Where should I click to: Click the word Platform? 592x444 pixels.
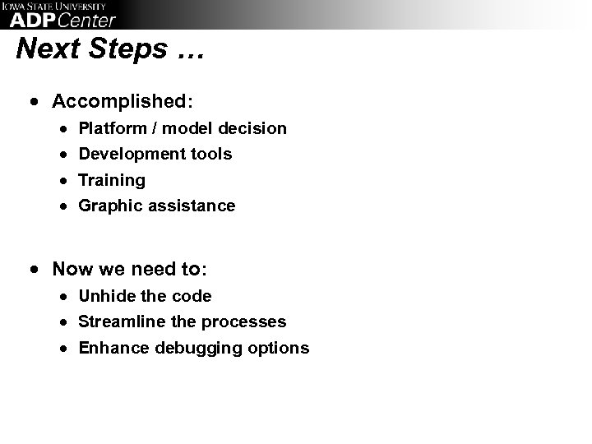tap(113, 128)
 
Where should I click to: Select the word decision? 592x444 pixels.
tap(254, 128)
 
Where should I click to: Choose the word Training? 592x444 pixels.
tap(111, 180)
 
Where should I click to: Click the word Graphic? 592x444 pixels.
tap(110, 206)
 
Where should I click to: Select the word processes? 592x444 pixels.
tap(243, 321)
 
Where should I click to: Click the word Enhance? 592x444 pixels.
tap(109, 348)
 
